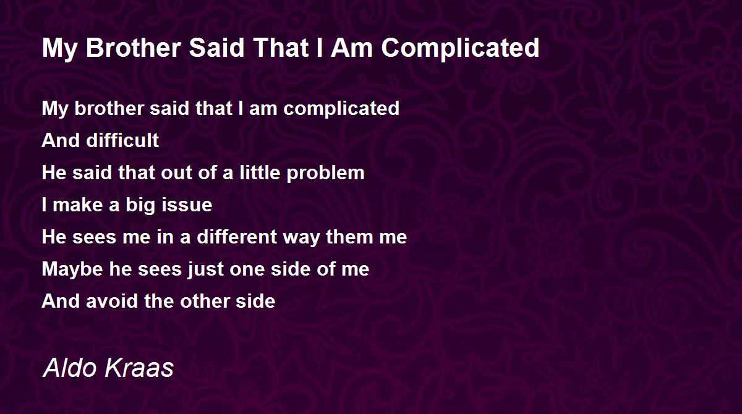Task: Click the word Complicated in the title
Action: (461, 49)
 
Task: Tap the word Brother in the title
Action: (133, 48)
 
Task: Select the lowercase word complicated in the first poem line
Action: (341, 109)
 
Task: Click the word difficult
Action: (122, 140)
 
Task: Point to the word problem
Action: (325, 174)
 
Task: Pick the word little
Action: (260, 172)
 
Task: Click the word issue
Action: (187, 205)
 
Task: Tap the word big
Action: (140, 206)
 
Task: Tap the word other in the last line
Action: (205, 301)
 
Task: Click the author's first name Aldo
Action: (70, 368)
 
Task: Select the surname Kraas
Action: (139, 368)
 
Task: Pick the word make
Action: (78, 205)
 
